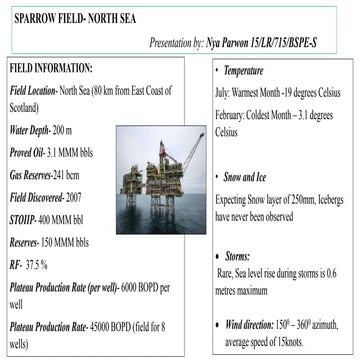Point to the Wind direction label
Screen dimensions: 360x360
(259, 324)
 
